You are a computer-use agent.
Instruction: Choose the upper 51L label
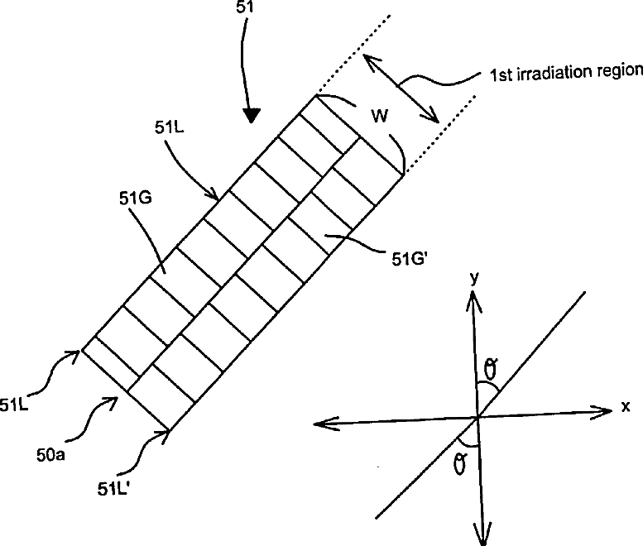point(170,128)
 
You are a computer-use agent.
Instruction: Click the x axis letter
point(626,407)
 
